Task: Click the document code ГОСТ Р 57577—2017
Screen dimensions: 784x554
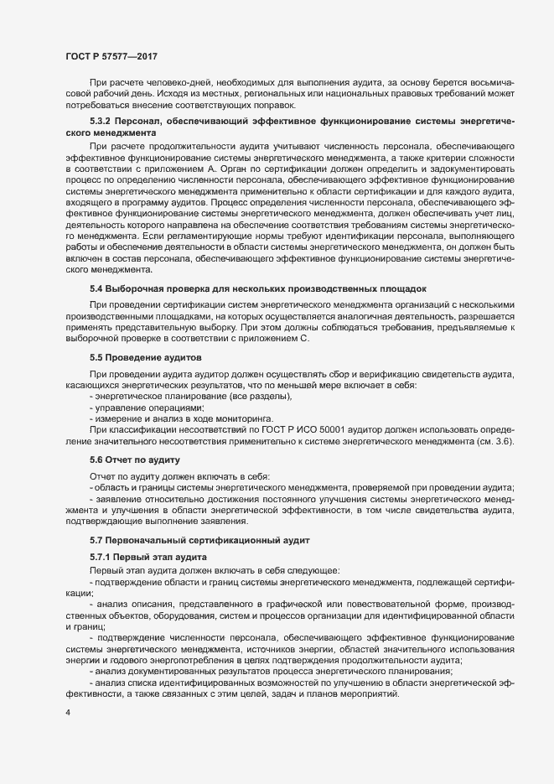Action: (x=112, y=56)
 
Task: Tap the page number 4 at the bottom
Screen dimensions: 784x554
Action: (x=67, y=714)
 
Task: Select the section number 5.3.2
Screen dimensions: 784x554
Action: (x=102, y=123)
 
